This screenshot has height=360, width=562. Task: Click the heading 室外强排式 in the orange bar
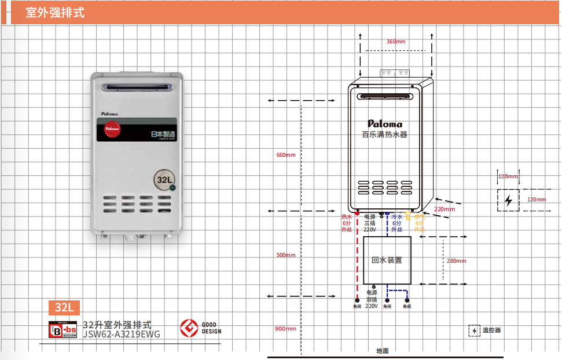click(x=55, y=12)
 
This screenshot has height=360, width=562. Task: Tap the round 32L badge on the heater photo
click(x=165, y=179)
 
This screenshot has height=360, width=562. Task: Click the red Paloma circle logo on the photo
click(x=111, y=130)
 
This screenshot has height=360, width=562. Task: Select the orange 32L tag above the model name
click(x=64, y=307)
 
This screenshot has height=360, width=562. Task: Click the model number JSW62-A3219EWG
click(x=122, y=333)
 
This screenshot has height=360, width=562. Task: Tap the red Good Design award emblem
click(x=189, y=328)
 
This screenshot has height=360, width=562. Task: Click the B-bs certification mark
click(x=62, y=329)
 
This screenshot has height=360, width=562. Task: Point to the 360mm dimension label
click(x=396, y=42)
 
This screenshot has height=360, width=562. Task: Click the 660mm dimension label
click(x=285, y=155)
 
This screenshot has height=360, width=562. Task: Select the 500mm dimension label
click(x=285, y=255)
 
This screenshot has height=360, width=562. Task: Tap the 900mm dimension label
click(x=285, y=329)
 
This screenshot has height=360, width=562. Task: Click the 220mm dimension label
click(x=445, y=209)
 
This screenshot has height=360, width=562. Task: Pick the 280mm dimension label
click(x=456, y=260)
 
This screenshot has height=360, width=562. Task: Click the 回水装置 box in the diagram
click(x=387, y=260)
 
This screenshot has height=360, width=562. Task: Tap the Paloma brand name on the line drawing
click(x=385, y=123)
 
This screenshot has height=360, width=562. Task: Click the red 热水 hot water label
click(x=347, y=216)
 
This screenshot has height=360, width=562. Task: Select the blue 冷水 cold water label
click(x=396, y=216)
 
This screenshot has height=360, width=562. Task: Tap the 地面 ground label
click(x=383, y=351)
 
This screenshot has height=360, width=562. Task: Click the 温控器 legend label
click(x=491, y=330)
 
